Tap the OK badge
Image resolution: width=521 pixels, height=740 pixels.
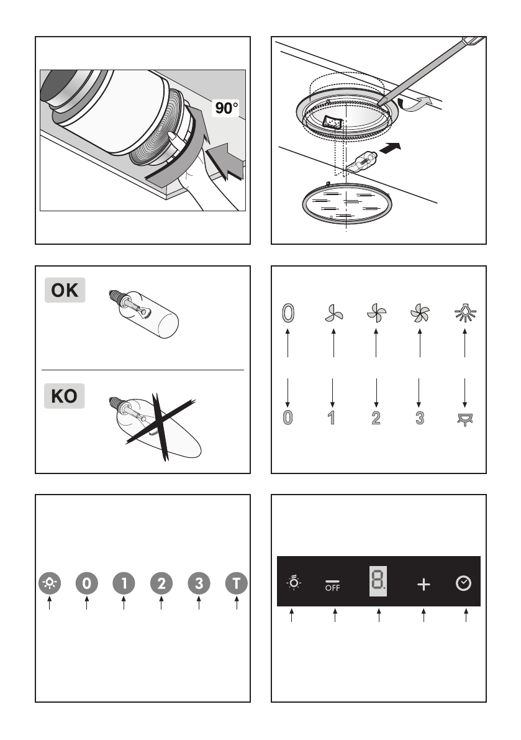pos(65,291)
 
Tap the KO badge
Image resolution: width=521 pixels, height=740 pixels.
pos(65,396)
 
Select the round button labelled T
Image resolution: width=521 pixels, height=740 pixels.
pos(237,583)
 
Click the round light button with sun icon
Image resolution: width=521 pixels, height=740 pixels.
pos(49,583)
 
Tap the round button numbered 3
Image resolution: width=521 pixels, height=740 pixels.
pos(199,583)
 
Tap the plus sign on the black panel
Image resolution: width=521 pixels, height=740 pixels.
pos(424,585)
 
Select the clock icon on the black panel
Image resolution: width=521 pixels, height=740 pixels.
pos(463,583)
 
